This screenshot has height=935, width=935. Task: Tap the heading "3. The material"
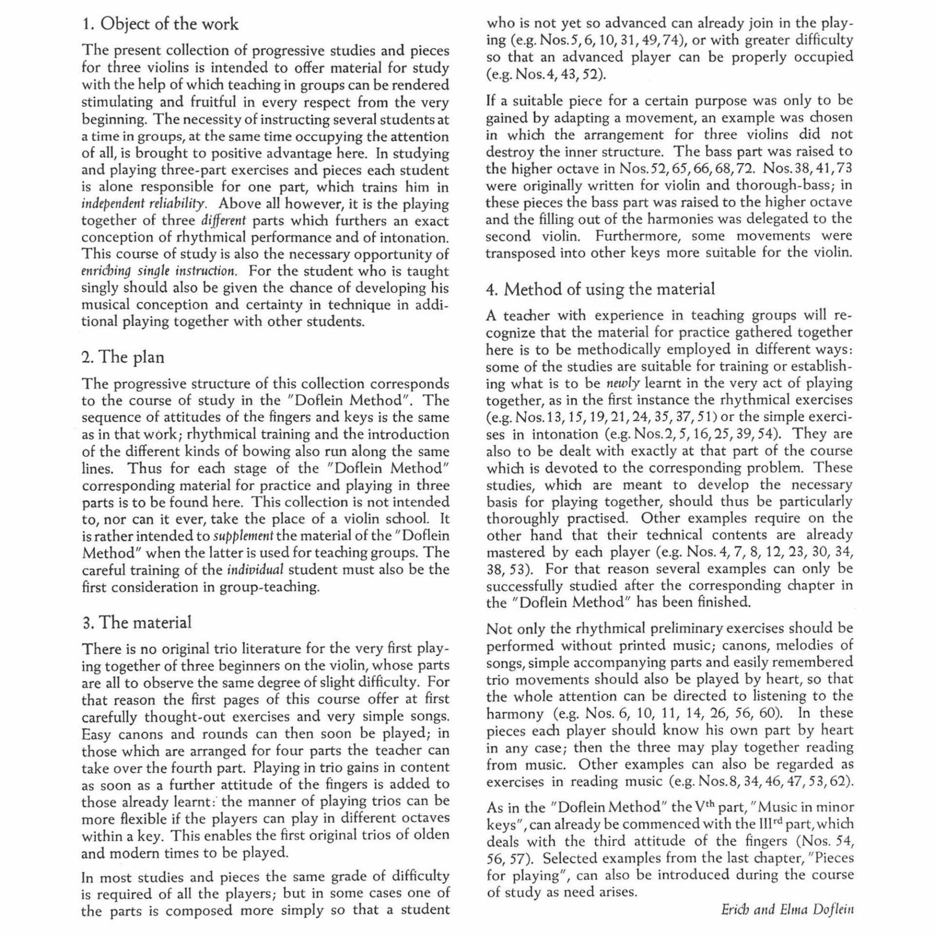click(x=136, y=622)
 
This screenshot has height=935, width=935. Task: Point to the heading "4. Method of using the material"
click(x=600, y=289)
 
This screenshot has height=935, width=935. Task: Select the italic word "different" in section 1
click(x=224, y=221)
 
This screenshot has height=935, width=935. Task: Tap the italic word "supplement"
click(x=243, y=536)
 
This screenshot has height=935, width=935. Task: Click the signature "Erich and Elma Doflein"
click(x=787, y=910)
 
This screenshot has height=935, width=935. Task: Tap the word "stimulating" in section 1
click(x=114, y=103)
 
